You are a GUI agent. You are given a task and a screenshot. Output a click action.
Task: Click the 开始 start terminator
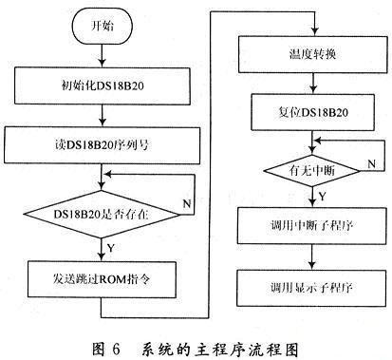pos(103,26)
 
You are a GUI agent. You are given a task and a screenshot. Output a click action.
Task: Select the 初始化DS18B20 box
pos(103,85)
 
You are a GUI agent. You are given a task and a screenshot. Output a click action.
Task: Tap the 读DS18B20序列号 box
pos(102,145)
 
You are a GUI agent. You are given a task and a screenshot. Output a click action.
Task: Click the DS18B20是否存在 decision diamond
pos(102,214)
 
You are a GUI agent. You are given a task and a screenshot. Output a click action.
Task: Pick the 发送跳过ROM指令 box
pos(102,279)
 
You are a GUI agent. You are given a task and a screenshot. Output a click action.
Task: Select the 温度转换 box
pos(312,54)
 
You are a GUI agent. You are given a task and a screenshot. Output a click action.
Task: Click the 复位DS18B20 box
pos(312,112)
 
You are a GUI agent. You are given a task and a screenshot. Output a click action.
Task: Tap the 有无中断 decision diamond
pos(312,171)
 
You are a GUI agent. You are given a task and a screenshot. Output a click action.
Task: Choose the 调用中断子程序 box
pos(312,225)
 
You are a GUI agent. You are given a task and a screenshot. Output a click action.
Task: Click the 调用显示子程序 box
pos(312,288)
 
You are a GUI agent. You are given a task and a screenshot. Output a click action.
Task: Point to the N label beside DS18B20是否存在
pos(187,203)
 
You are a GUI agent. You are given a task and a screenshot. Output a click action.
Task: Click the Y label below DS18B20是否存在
pos(110,248)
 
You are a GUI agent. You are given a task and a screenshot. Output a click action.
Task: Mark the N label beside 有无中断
pos(371,163)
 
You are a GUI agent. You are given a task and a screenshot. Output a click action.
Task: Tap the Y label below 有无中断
pos(322,197)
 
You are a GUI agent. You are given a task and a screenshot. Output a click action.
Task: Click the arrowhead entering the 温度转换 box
pos(314,32)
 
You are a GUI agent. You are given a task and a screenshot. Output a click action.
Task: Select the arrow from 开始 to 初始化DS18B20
pos(102,56)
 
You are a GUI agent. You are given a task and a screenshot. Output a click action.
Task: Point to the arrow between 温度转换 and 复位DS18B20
pos(313,84)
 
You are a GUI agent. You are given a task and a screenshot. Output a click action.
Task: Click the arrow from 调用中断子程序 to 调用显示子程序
pos(312,256)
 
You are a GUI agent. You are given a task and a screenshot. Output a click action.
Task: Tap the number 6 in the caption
pos(116,350)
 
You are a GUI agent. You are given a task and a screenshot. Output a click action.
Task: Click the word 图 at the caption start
pos(98,349)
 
